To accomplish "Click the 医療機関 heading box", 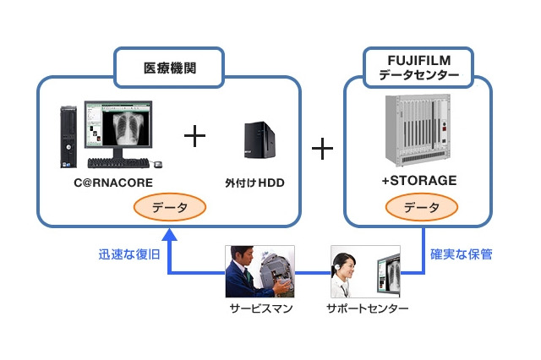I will pos(167,68).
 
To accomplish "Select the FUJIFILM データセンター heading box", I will pos(418,68).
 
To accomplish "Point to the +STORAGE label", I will pos(418,180).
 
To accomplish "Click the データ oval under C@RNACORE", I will pos(170,206).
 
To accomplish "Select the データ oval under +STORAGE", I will pos(421,206).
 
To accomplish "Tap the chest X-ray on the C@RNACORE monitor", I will pos(128,132).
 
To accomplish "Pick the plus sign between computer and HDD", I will pos(195,135).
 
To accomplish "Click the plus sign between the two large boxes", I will pos(322,150).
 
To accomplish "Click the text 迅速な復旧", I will pos(128,254).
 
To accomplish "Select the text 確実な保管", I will pos(462,254).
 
